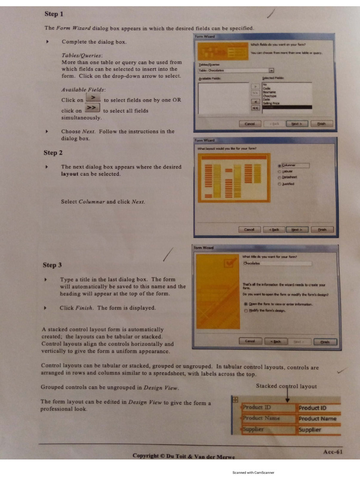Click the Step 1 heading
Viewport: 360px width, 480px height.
tap(54, 14)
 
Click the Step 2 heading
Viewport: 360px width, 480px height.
tap(53, 152)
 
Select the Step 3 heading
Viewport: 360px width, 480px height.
tap(52, 265)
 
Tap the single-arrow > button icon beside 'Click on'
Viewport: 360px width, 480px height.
tap(94, 97)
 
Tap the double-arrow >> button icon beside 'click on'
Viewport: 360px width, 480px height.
tap(92, 108)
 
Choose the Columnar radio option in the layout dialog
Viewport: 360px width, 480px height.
tap(279, 165)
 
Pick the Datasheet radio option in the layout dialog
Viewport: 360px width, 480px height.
tap(279, 177)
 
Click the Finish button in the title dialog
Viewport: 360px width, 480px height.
tap(325, 342)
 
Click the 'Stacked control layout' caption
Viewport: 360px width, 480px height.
tap(286, 386)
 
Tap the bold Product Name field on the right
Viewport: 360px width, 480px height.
tap(317, 419)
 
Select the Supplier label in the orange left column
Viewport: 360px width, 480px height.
tap(254, 429)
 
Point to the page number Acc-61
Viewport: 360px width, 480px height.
tap(333, 452)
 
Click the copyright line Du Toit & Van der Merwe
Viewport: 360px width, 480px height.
tap(184, 456)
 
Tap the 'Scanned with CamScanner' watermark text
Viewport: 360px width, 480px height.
tap(253, 473)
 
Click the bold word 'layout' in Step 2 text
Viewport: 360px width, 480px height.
tap(70, 174)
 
